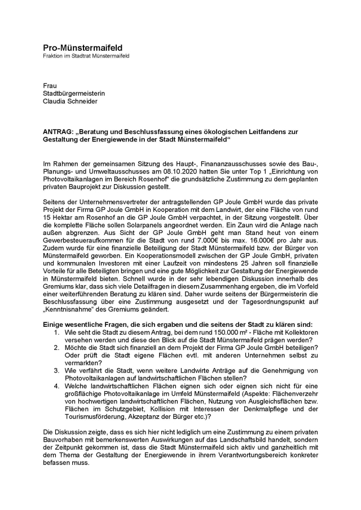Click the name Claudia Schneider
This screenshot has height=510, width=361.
[x=71, y=101]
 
